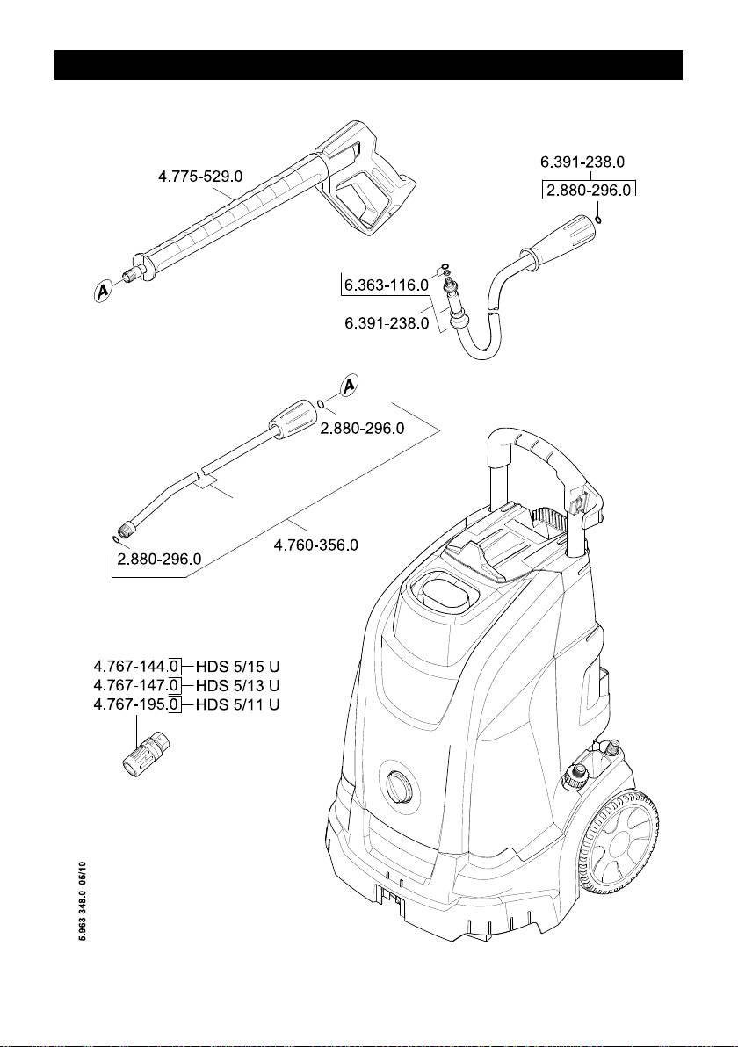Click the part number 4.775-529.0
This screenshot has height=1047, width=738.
pyautogui.click(x=200, y=176)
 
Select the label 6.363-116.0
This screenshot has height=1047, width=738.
pyautogui.click(x=386, y=285)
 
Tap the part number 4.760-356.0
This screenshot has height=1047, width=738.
pyautogui.click(x=316, y=545)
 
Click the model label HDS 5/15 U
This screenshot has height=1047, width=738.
pyautogui.click(x=237, y=665)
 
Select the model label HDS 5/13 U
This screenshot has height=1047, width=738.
pyautogui.click(x=237, y=683)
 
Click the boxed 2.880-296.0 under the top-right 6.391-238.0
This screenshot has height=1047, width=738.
pyautogui.click(x=589, y=190)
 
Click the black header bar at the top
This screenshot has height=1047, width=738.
pyautogui.click(x=369, y=65)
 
